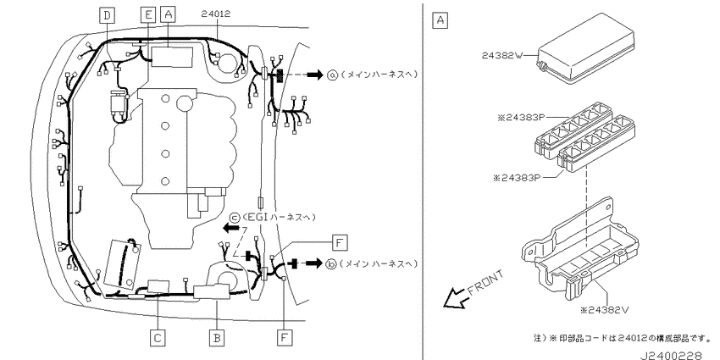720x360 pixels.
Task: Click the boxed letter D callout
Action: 107,15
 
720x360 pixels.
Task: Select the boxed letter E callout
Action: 148,15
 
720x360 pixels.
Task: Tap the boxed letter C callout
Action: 158,339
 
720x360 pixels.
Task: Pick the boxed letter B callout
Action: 217,339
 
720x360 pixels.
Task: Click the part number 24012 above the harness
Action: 216,14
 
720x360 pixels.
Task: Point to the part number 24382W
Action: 502,56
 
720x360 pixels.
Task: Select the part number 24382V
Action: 604,310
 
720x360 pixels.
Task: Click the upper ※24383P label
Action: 521,118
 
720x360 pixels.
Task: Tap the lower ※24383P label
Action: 517,178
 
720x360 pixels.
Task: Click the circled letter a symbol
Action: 332,75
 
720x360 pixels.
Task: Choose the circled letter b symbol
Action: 331,264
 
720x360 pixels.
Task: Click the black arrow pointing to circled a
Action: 315,75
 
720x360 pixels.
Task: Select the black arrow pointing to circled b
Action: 314,264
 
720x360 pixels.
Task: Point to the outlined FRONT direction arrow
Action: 457,297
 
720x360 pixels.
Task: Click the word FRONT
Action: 486,282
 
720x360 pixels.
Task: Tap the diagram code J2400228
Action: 671,355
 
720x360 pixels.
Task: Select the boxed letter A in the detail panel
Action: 440,20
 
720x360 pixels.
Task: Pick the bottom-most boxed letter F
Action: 285,339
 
